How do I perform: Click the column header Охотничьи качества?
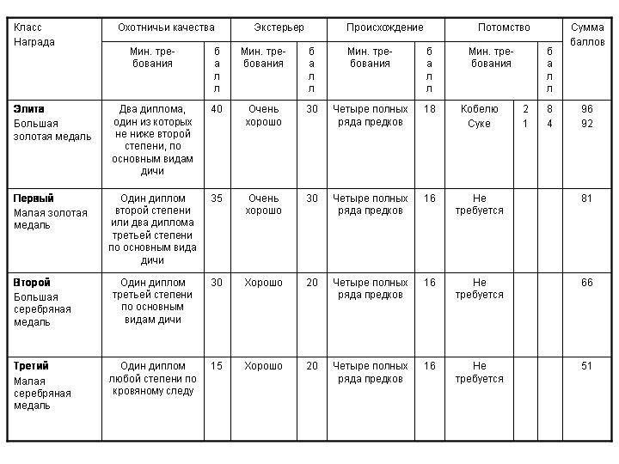[166, 27]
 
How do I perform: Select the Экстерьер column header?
[279, 27]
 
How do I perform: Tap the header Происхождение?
[384, 27]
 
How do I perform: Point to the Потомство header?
[503, 27]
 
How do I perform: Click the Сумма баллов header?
[587, 34]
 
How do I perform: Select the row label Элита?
[28, 109]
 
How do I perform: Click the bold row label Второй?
[32, 283]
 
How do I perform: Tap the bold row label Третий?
[32, 366]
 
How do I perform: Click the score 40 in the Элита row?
[217, 109]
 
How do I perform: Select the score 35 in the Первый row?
[217, 198]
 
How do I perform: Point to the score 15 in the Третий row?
[217, 366]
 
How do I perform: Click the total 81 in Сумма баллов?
[587, 198]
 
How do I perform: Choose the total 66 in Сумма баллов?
[587, 283]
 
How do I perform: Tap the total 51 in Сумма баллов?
[587, 366]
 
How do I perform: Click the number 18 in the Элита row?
[430, 109]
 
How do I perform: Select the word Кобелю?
[479, 109]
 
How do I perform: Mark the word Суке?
[479, 124]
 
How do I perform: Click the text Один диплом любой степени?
[153, 372]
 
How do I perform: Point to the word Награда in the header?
[34, 42]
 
